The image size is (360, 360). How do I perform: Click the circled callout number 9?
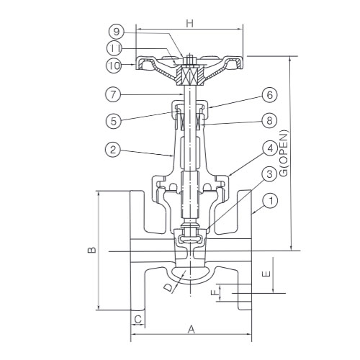117,32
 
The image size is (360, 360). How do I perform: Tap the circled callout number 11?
114,48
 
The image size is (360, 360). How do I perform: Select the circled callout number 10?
114,65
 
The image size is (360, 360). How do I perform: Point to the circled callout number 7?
113,94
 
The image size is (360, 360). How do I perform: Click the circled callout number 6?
269,95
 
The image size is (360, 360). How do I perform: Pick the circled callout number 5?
114,121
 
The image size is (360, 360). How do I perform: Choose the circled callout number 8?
269,120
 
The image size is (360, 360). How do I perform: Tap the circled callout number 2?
113,150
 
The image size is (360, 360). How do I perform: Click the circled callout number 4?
270,148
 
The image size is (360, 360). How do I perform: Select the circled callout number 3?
269,174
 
